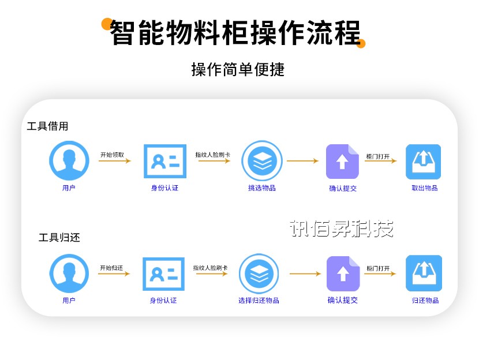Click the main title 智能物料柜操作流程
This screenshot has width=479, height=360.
coord(235,32)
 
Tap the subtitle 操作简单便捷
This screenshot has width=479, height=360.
coord(238,70)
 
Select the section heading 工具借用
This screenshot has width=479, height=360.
coord(47,126)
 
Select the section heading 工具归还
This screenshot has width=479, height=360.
coord(59,237)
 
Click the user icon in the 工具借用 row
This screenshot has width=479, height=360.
coord(69,161)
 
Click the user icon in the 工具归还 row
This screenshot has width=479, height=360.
coord(69,273)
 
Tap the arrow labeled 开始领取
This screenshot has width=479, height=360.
coord(114,160)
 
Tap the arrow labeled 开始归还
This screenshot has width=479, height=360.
coord(114,273)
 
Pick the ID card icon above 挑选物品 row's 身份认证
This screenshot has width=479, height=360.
coord(164,162)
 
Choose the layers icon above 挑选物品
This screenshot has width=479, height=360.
coord(262,162)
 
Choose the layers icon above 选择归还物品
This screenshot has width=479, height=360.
coord(259,273)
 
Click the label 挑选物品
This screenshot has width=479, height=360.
coord(262,188)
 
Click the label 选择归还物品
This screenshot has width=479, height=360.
coord(259,300)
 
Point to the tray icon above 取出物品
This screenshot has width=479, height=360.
coord(423,162)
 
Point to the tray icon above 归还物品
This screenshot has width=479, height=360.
coord(424,273)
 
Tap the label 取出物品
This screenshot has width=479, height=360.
coord(424,188)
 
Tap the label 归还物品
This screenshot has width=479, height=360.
coord(425,300)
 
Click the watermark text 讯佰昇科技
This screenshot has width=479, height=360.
coord(341,228)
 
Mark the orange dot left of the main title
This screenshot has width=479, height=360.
coord(107,24)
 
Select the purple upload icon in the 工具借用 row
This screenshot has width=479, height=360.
coord(342,162)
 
